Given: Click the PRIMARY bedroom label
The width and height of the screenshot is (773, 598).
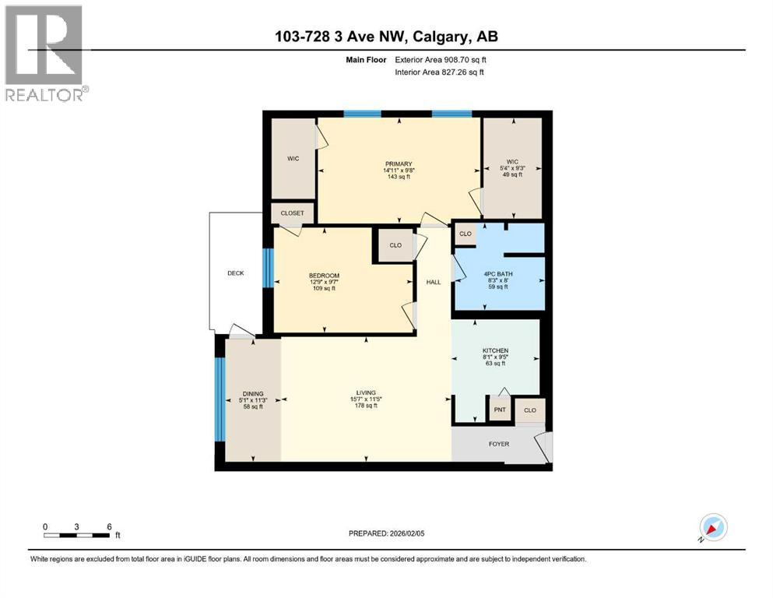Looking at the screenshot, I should (x=398, y=164).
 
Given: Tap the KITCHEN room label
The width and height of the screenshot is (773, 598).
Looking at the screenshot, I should (x=494, y=351).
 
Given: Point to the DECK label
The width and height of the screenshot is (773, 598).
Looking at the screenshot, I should (x=236, y=273).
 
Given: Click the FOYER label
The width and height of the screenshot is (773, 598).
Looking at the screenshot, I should (x=498, y=445).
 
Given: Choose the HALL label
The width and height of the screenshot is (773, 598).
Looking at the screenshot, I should (x=433, y=282).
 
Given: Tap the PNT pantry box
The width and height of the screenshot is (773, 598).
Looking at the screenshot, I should (x=498, y=410).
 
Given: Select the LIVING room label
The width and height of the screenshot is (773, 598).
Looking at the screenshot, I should (x=366, y=392).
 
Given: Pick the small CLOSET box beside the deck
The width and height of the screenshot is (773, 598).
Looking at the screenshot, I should (x=293, y=213).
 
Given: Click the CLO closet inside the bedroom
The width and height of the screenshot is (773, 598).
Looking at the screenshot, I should (x=395, y=245).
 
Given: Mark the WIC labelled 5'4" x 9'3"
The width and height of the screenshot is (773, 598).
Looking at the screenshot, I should (x=511, y=164).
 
